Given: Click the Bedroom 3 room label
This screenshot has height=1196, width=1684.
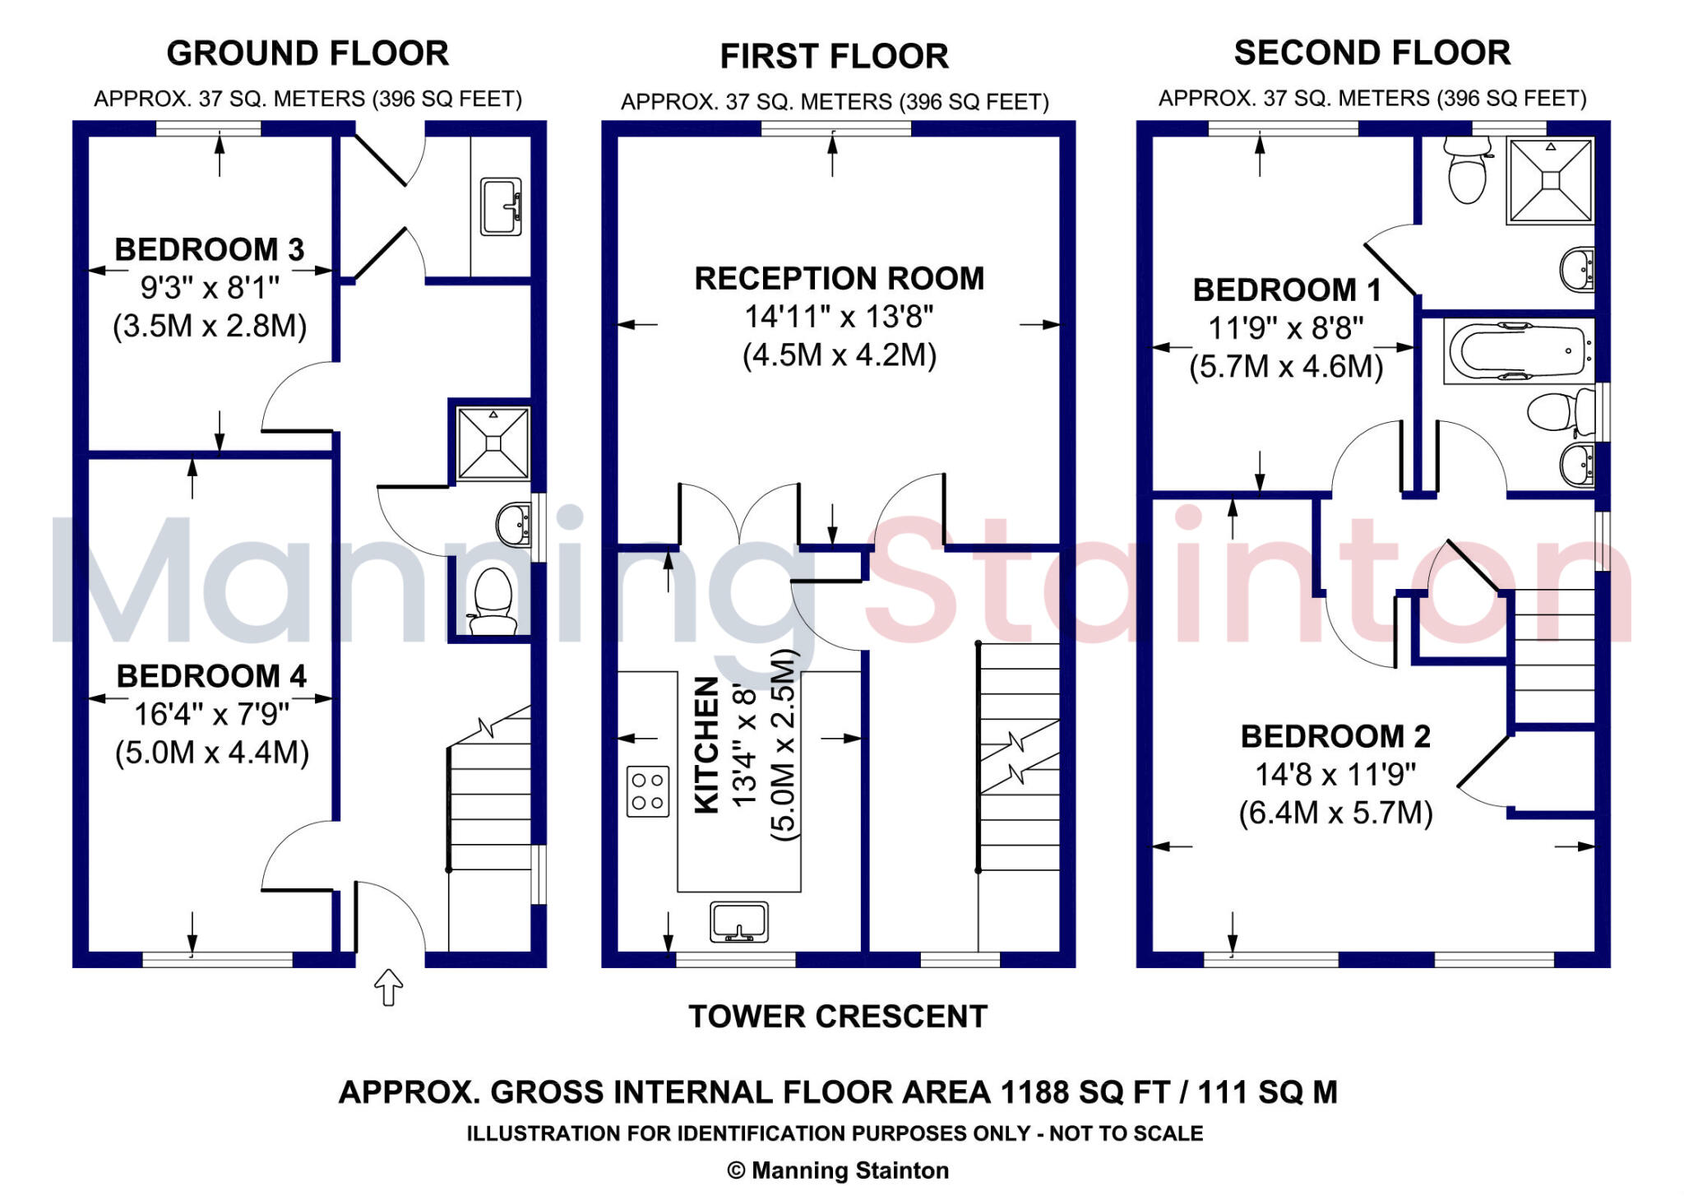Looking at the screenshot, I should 209,249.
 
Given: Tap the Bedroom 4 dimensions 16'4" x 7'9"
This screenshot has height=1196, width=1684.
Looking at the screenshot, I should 211,714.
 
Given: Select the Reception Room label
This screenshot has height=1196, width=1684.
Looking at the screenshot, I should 839,278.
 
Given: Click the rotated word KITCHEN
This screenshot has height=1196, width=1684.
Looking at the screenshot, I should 707,744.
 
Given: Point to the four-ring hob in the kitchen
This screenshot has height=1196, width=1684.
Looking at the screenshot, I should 648,791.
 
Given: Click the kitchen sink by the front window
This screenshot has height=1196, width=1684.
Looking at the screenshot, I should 738,921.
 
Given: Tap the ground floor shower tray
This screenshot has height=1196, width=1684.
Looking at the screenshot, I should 493,443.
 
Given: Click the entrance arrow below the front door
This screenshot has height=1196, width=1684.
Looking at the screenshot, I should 389,987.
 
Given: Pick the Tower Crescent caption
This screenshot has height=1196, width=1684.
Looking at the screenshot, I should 837,1017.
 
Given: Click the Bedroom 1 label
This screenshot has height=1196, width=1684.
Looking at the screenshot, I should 1287,290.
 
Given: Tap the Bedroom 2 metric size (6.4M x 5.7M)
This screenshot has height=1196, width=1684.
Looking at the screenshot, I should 1335,813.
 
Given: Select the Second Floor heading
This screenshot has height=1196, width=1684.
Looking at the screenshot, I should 1372,53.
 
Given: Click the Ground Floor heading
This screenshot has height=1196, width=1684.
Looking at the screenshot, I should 308,53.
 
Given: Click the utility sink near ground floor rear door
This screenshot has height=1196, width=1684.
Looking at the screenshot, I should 501,206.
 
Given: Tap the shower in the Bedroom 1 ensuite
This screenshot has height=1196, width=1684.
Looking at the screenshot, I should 1550,180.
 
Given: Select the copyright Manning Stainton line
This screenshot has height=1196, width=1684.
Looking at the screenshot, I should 838,1170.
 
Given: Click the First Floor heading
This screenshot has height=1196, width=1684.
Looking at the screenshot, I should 834,56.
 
